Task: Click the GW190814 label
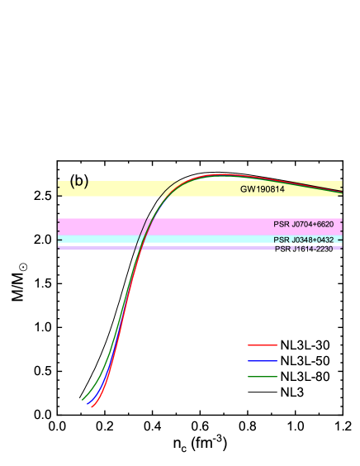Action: pos(263,189)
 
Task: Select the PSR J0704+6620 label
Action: pos(303,225)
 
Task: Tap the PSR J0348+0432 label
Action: pos(303,240)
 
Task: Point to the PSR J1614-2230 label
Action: pos(303,249)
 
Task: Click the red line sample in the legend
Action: pos(263,345)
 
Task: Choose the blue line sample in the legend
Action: pos(263,361)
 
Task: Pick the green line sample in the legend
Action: pos(263,377)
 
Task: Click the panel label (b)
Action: pos(79,183)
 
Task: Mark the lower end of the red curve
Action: pos(92,407)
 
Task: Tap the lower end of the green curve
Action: pos(83,399)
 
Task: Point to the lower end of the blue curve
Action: pos(88,403)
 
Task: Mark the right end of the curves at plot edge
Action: pos(342,192)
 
